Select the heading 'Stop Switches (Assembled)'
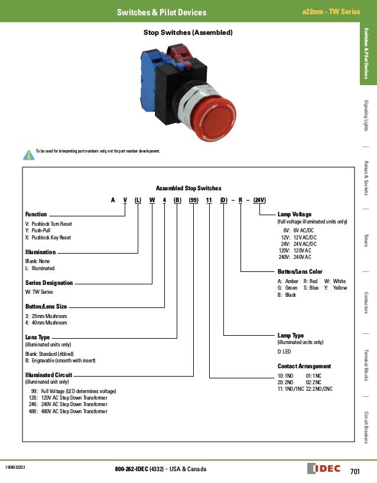(188, 33)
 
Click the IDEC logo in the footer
(324, 469)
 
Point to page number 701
(355, 471)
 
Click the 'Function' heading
(35, 214)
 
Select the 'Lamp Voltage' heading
(294, 214)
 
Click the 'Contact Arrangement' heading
(304, 367)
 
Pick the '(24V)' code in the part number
(259, 200)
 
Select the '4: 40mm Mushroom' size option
(46, 323)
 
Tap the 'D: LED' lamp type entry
(287, 352)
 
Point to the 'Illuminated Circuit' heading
(48, 375)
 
